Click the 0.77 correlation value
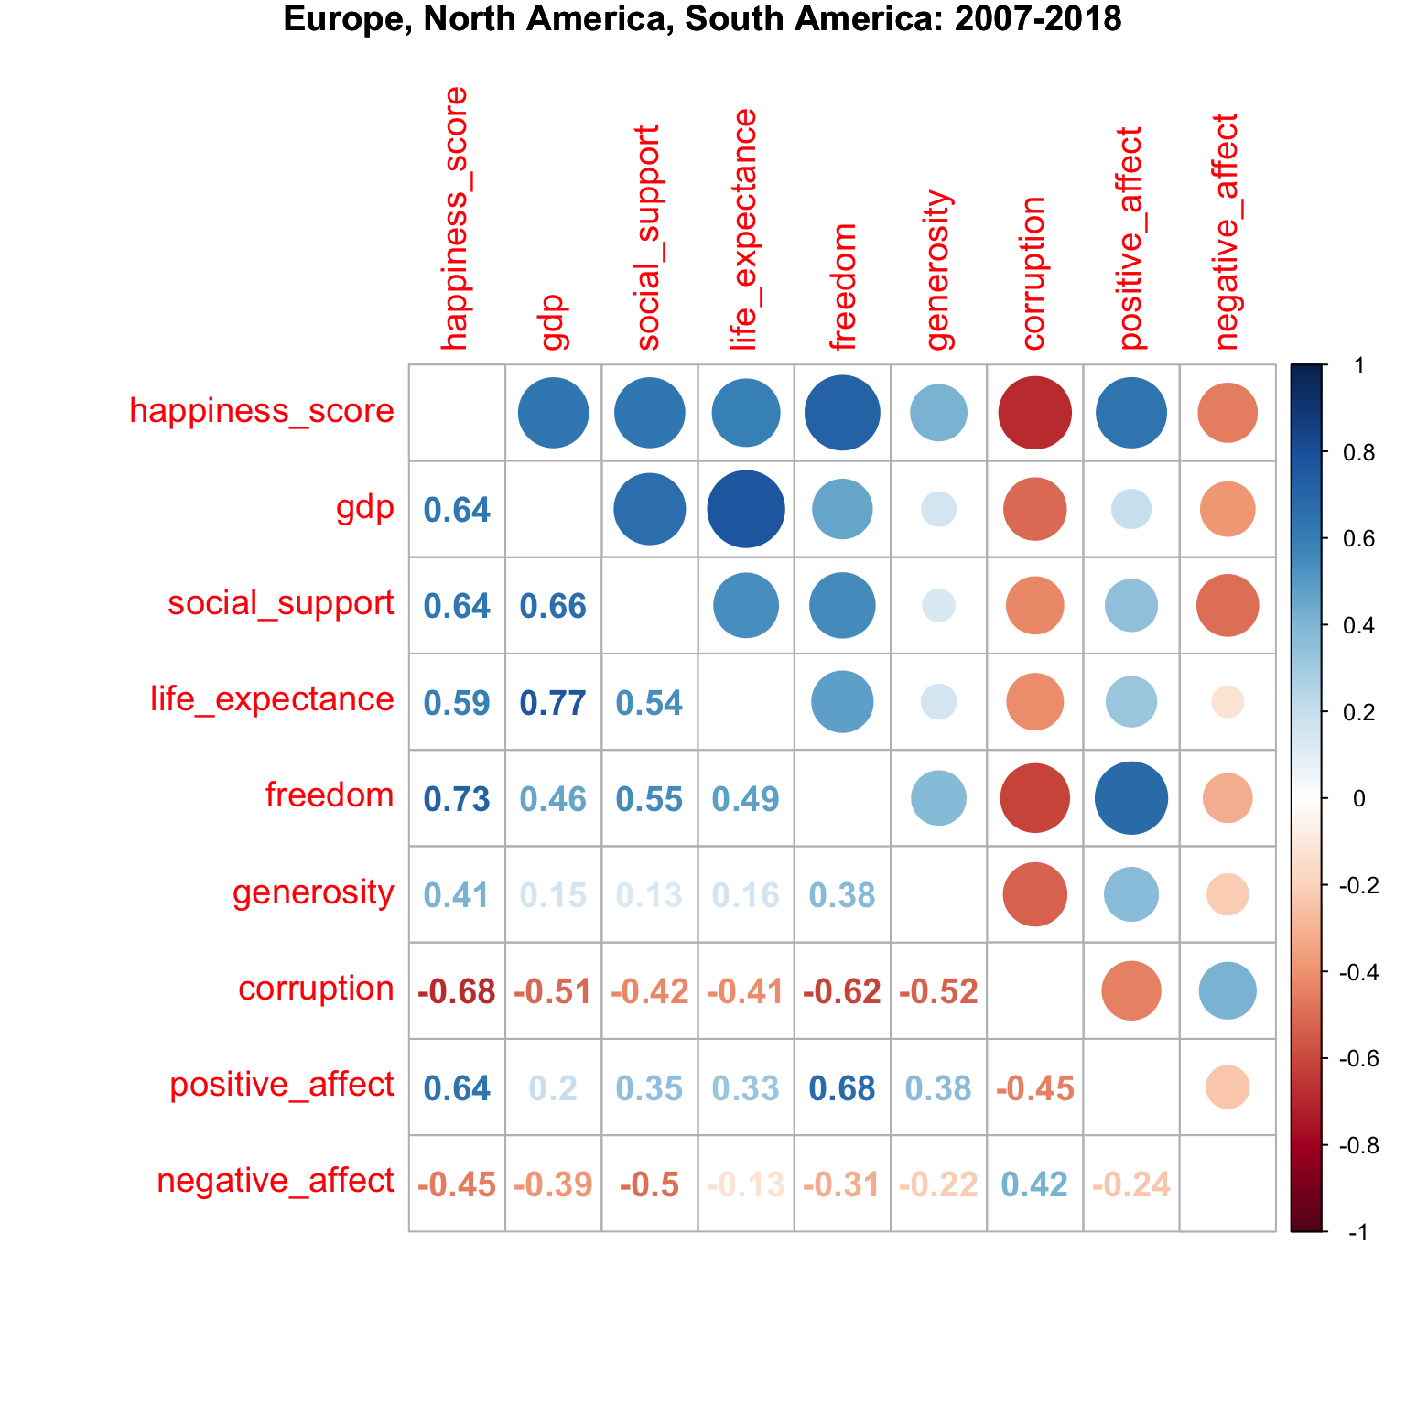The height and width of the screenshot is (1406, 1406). point(553,703)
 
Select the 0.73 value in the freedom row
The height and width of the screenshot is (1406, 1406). point(457,799)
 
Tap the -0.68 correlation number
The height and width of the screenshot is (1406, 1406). point(457,991)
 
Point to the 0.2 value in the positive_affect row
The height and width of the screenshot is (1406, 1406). point(553,1088)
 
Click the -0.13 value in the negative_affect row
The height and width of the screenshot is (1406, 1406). point(745,1184)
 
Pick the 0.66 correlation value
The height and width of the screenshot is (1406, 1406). point(553,606)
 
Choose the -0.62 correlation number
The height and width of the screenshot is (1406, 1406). point(842,991)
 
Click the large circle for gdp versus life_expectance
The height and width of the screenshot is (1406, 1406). point(746,509)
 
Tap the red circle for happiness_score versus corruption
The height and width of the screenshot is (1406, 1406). point(1034,413)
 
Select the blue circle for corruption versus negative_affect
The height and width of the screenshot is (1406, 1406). point(1228,991)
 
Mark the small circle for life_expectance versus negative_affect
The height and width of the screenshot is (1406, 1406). point(1228,703)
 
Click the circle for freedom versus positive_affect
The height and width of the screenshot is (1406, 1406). point(1131,798)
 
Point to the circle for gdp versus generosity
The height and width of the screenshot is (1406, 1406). point(938,509)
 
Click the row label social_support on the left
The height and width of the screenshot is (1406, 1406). point(280,604)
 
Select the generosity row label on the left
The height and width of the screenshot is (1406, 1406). point(313,892)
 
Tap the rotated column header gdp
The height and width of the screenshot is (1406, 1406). point(555,322)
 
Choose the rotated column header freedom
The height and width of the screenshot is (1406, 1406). point(843,287)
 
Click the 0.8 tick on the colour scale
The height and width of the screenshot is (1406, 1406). point(1357,454)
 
